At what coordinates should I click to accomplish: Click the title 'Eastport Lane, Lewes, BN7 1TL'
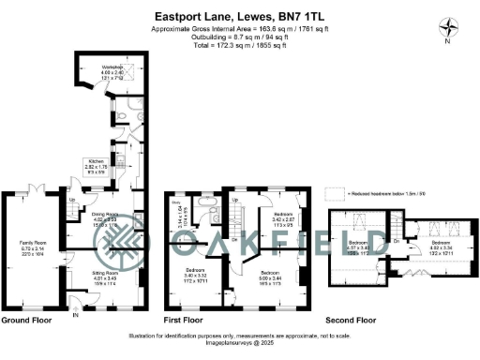click(x=240, y=15)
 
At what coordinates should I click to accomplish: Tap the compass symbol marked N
click(x=447, y=28)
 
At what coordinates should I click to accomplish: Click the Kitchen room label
click(x=96, y=164)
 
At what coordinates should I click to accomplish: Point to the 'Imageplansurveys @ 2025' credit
click(x=240, y=342)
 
